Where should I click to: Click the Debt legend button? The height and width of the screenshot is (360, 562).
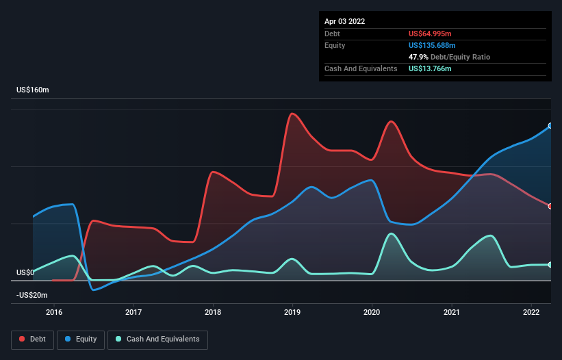[31, 339]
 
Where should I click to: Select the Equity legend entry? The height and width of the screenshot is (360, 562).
[81, 339]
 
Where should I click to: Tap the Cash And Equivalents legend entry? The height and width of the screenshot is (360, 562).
[157, 339]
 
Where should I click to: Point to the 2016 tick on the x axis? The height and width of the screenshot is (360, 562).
[54, 312]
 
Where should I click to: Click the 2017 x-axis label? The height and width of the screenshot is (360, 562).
[133, 312]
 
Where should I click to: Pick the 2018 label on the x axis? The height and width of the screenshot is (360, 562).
[213, 312]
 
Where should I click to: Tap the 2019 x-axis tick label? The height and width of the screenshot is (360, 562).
[292, 312]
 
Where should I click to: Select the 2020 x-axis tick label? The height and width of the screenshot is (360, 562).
[372, 312]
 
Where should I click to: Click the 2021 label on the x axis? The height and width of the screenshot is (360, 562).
[452, 312]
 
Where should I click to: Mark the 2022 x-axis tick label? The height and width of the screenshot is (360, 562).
[531, 312]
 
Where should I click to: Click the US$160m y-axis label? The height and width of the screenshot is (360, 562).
[34, 90]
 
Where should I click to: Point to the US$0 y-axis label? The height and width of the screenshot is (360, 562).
[25, 272]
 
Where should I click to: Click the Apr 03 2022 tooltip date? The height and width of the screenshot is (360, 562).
[344, 21]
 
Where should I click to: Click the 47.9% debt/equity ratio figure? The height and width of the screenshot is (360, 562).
[418, 57]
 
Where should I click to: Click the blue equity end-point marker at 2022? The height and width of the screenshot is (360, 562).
[550, 126]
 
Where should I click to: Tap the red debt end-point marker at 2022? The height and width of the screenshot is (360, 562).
[550, 206]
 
